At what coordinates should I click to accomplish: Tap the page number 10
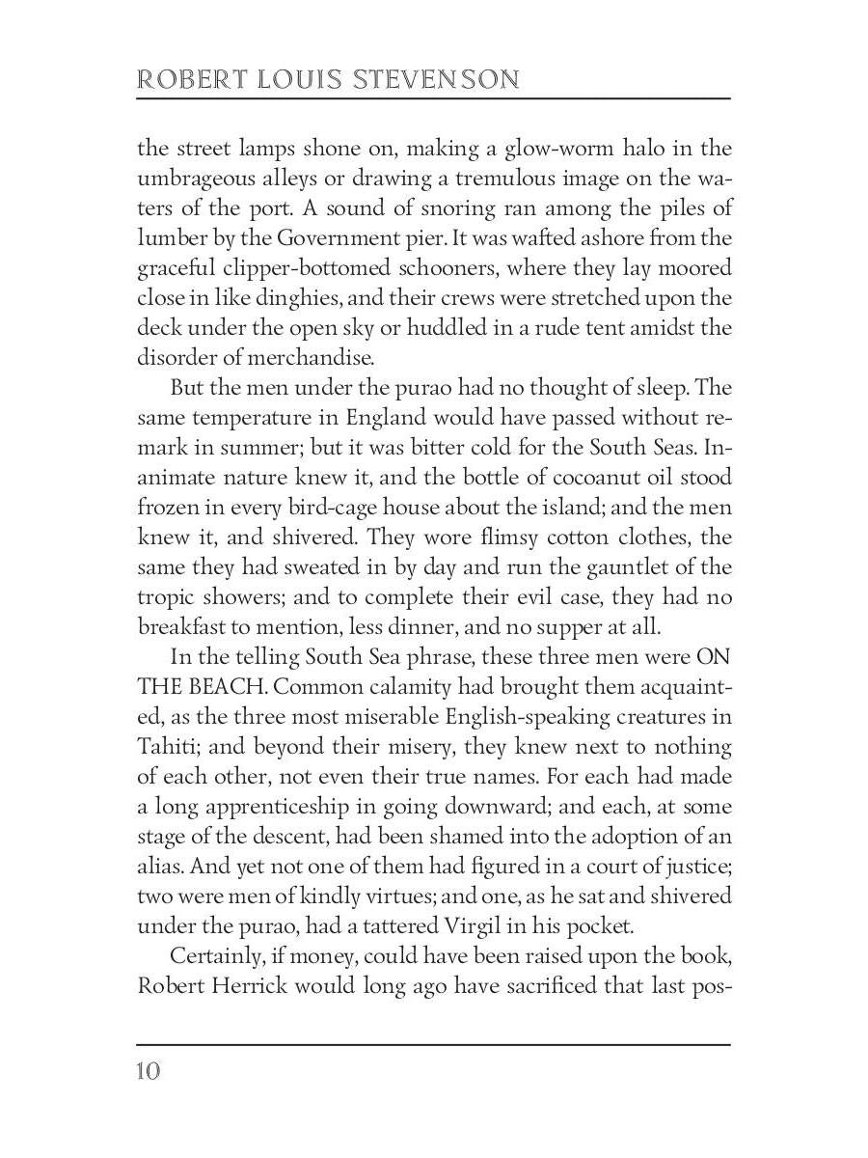pyautogui.click(x=149, y=1071)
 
